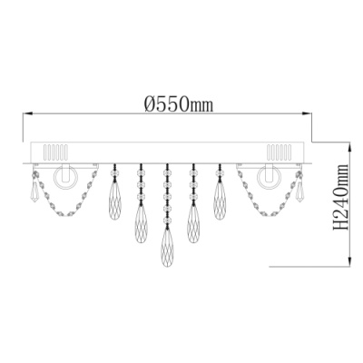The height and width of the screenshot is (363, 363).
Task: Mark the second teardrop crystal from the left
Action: pyautogui.click(x=142, y=218)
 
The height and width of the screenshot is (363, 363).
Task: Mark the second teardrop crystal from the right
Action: pyautogui.click(x=194, y=218)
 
